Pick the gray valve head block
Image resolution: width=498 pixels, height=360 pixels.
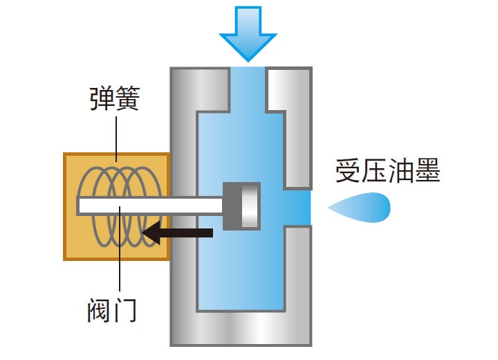pos(243,206)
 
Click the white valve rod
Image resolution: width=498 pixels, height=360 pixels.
pos(149,205)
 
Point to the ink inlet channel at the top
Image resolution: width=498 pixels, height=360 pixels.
pos(248,87)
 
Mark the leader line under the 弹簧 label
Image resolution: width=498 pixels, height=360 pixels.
pos(116,138)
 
